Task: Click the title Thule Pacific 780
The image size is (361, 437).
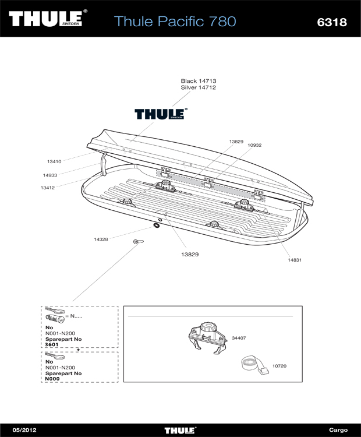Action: point(175,21)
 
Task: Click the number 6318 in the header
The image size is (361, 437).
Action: point(332,22)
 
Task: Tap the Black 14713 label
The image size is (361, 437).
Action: point(199,81)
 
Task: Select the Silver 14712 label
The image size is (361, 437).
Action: point(199,87)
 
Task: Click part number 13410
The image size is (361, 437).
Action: point(54,161)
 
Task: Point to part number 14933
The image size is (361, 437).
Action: point(50,175)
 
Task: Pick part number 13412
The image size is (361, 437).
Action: point(48,188)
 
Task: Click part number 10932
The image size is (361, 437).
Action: point(254,145)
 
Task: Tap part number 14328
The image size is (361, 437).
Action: point(101,239)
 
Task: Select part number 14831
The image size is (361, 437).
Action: point(295,260)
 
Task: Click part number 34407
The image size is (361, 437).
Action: point(239,338)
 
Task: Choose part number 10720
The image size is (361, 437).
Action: point(279,366)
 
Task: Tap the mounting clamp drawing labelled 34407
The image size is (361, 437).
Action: point(207,338)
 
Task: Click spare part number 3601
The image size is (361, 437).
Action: point(52,344)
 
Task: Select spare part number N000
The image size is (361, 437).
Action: point(52,379)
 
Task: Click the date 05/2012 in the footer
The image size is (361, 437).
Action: point(24,430)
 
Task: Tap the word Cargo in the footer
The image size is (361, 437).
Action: point(338,430)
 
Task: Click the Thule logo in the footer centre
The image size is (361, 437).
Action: point(180,431)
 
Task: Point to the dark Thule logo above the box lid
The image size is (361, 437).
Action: point(161,114)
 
